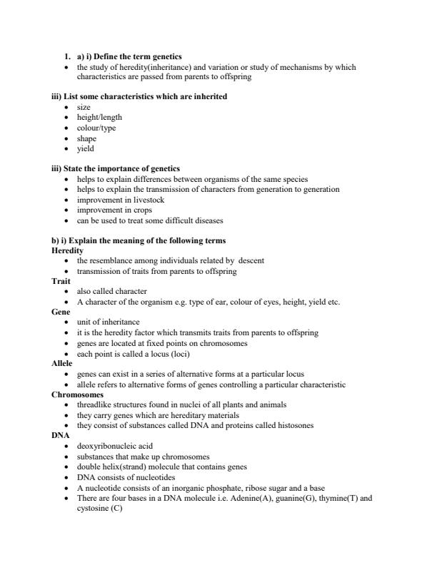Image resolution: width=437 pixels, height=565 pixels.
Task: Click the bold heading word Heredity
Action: click(x=68, y=251)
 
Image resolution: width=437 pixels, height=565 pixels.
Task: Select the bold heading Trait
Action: click(x=61, y=282)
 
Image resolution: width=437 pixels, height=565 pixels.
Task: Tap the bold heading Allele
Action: click(x=62, y=364)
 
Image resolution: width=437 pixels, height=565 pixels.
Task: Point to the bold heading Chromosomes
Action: click(x=78, y=395)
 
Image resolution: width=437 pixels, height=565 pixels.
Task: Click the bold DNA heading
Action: click(x=60, y=435)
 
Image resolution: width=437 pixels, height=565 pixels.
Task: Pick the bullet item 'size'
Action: click(x=84, y=107)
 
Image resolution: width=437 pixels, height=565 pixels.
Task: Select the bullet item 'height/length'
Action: click(x=99, y=118)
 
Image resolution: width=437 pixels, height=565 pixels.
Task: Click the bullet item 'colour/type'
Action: click(x=96, y=128)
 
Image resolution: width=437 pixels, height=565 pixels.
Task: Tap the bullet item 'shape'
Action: click(x=86, y=138)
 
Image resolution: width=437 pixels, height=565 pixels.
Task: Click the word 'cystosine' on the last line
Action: click(x=93, y=508)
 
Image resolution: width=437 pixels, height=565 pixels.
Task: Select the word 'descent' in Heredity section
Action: click(x=249, y=261)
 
